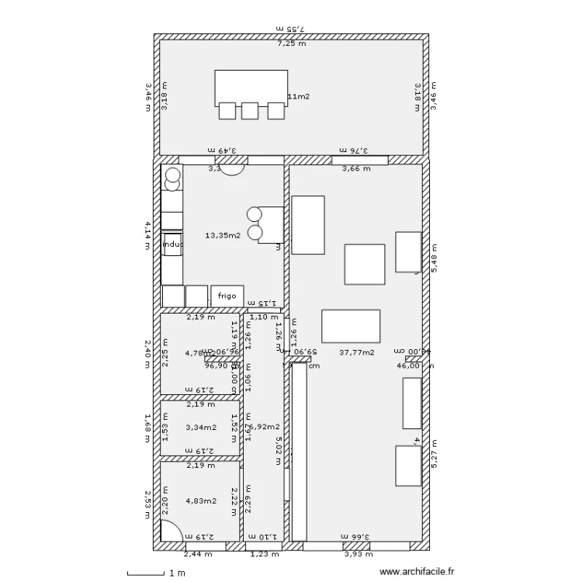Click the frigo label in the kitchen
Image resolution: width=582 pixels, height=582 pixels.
point(227,296)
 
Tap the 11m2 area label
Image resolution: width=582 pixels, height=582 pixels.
point(299,97)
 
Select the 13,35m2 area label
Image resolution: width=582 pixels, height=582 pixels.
point(223,235)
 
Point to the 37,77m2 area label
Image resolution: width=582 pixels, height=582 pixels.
point(357,352)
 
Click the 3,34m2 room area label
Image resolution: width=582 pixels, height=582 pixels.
point(201,427)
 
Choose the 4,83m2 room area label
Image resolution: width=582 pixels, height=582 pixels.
point(201,501)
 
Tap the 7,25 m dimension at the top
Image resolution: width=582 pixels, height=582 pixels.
point(292,44)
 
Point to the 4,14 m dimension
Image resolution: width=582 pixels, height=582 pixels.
point(147,236)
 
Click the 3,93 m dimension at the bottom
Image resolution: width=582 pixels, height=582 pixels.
point(358,554)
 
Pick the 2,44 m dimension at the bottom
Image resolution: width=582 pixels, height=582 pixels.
point(196,554)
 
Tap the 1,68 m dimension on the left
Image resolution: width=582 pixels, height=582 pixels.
point(147,427)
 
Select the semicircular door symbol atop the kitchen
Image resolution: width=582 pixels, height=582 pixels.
point(232,169)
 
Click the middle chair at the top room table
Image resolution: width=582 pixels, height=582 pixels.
point(249,111)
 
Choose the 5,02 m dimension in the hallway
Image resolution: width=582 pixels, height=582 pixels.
point(277,450)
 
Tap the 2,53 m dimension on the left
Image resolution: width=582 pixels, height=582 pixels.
point(147,501)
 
